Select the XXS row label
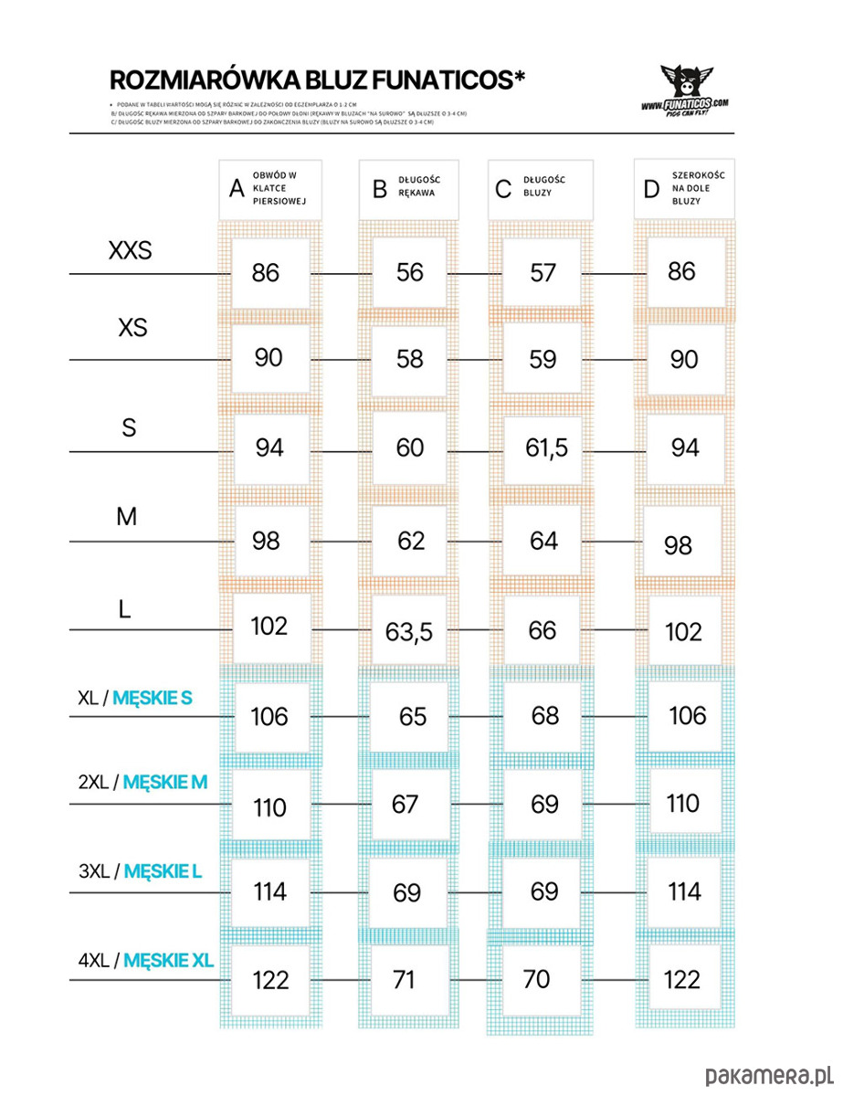[131, 250]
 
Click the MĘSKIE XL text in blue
[168, 960]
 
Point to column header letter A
[237, 189]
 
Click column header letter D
[651, 189]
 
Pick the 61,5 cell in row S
[546, 448]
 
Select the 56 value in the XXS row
[410, 271]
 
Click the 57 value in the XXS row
[543, 272]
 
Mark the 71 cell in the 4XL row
[404, 980]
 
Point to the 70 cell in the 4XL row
[537, 979]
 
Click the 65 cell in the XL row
[413, 717]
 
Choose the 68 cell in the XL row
[544, 715]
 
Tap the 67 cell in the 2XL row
[405, 804]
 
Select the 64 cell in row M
[543, 541]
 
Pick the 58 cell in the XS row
[410, 359]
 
